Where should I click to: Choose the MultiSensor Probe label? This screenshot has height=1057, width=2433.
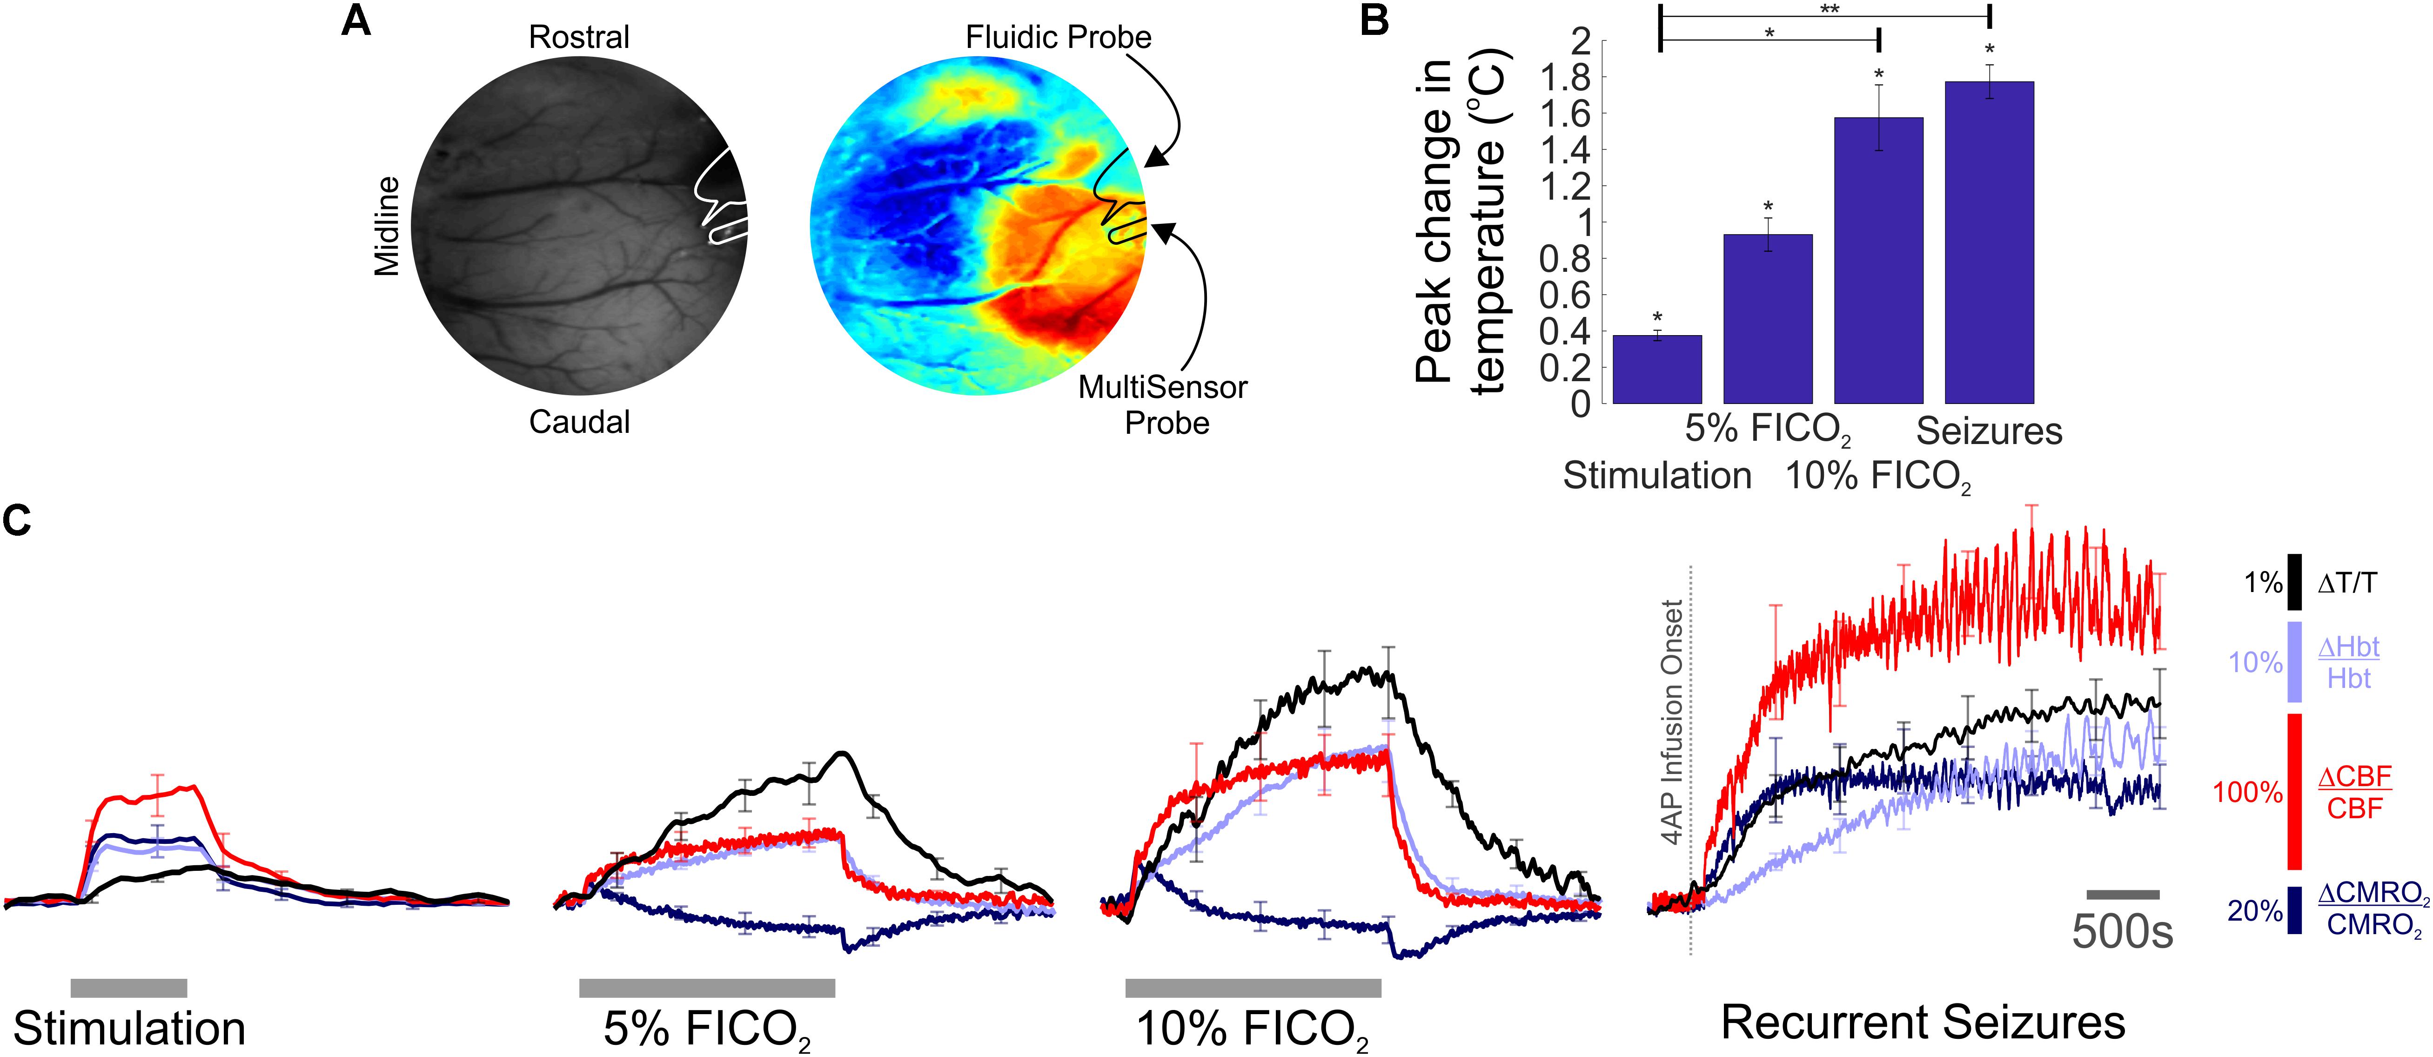click(x=1164, y=404)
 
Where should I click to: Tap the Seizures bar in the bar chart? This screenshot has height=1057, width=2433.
click(x=1989, y=243)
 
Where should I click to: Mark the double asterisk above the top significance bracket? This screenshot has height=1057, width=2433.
click(x=1830, y=9)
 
